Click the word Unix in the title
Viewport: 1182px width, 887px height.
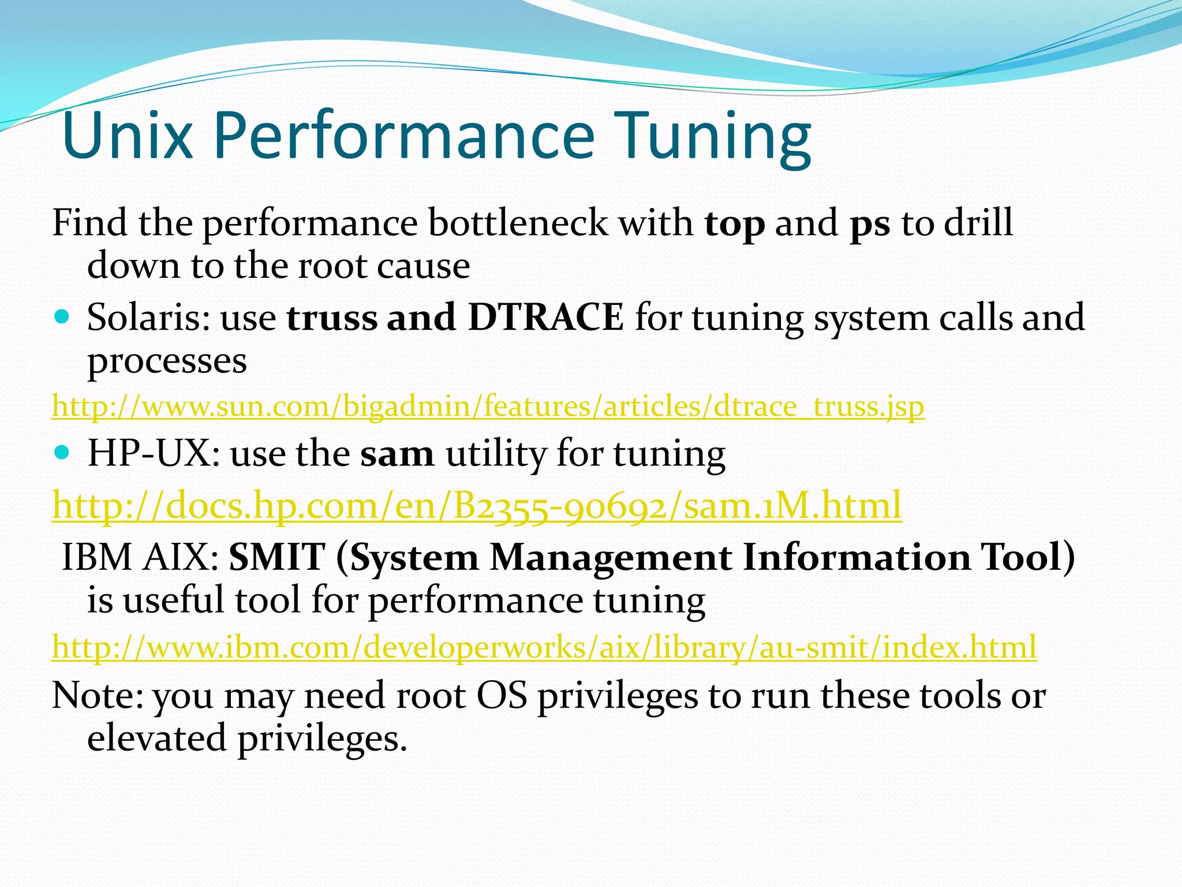click(x=126, y=136)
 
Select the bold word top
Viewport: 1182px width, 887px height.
click(x=734, y=223)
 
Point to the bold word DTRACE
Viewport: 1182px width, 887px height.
click(x=545, y=317)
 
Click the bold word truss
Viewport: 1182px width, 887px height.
click(x=331, y=318)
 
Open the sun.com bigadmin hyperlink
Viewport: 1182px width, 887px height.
click(x=488, y=406)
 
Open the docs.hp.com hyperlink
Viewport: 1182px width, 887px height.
click(x=476, y=505)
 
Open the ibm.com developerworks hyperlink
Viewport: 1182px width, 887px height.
click(x=544, y=647)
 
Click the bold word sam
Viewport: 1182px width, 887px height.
click(x=397, y=454)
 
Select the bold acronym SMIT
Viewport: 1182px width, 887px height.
click(x=277, y=557)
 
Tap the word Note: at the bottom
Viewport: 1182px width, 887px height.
click(x=98, y=695)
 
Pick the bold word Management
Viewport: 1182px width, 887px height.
click(x=611, y=558)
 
